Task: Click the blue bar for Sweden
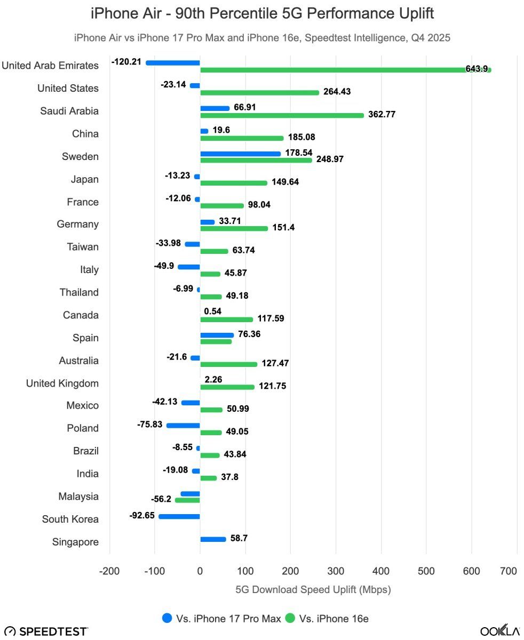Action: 241,154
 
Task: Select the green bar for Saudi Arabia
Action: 282,115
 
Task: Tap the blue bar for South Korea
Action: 179,516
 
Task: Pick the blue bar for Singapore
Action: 213,539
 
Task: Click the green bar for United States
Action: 259,92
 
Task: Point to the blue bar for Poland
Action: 183,426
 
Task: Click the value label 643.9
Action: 477,69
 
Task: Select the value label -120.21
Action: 126,62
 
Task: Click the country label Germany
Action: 78,224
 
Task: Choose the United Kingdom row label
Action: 62,383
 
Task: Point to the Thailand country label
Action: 79,292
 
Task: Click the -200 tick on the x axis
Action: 109,571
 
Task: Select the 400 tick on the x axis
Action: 381,571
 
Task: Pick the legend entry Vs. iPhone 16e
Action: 327,619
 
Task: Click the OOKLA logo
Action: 499,631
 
